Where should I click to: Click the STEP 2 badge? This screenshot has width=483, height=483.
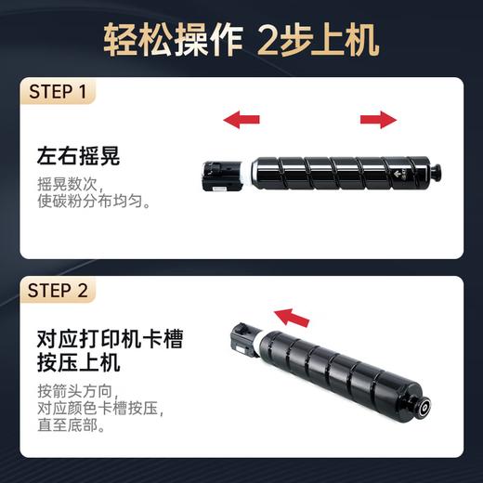point(58,291)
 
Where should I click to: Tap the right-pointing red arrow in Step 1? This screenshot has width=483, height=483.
point(378,119)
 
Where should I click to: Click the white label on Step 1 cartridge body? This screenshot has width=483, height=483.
point(384,173)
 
